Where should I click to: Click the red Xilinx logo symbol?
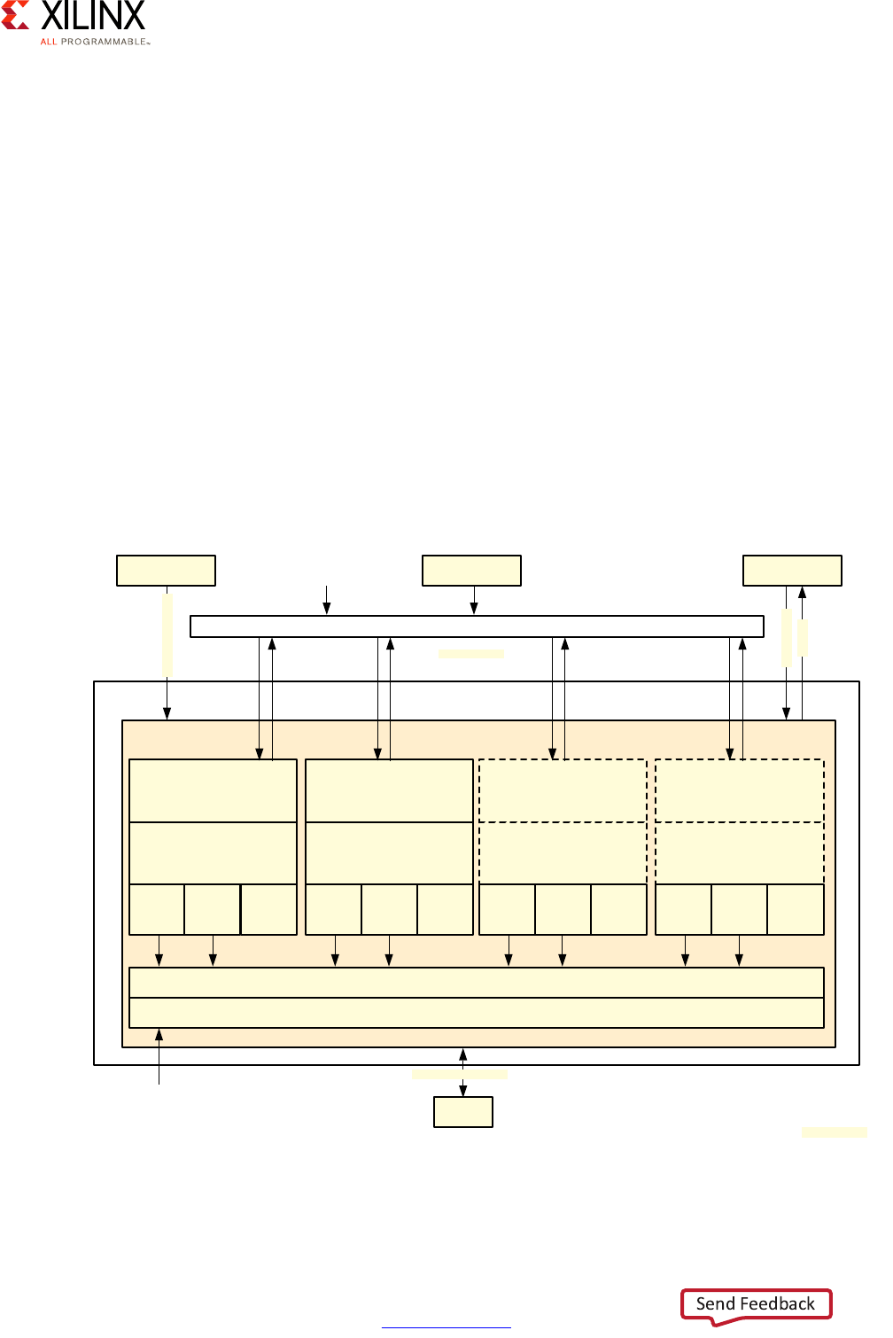click(x=15, y=15)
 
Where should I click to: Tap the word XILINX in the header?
click(x=92, y=16)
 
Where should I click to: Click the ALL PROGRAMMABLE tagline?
click(x=94, y=42)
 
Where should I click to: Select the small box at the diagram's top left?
click(x=166, y=571)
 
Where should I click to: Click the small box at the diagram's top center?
click(x=471, y=571)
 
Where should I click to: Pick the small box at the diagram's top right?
click(x=792, y=571)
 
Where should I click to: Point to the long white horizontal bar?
click(x=477, y=626)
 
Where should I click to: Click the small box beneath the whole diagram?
click(x=462, y=1112)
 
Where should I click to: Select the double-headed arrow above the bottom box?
click(x=462, y=1072)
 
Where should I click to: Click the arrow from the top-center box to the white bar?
click(x=474, y=601)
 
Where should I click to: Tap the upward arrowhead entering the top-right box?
click(x=802, y=592)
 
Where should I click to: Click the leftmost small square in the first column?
click(x=157, y=909)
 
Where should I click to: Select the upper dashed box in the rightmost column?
click(x=739, y=790)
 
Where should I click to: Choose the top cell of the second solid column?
click(x=389, y=790)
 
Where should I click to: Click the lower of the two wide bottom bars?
click(x=477, y=1013)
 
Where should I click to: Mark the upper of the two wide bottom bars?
click(x=477, y=983)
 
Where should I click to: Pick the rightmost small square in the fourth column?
click(x=795, y=909)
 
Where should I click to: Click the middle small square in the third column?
click(x=563, y=909)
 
